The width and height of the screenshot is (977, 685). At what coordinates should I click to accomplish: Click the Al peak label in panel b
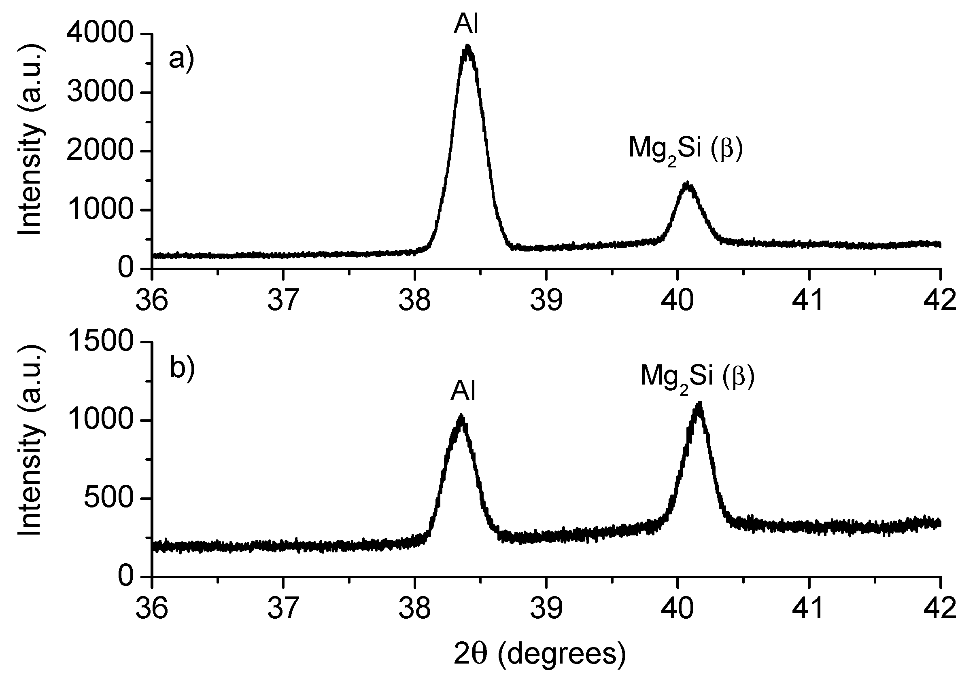click(x=463, y=391)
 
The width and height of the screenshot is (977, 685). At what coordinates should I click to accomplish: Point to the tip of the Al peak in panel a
click(x=468, y=46)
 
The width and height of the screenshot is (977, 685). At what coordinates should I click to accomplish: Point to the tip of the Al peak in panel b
click(x=461, y=415)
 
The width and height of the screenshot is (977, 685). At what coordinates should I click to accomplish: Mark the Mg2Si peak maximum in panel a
click(x=687, y=184)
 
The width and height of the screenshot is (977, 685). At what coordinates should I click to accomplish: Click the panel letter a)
click(x=181, y=58)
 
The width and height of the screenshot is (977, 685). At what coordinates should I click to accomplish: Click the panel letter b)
click(x=182, y=368)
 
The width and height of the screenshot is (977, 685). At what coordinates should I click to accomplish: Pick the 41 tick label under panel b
click(x=808, y=609)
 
